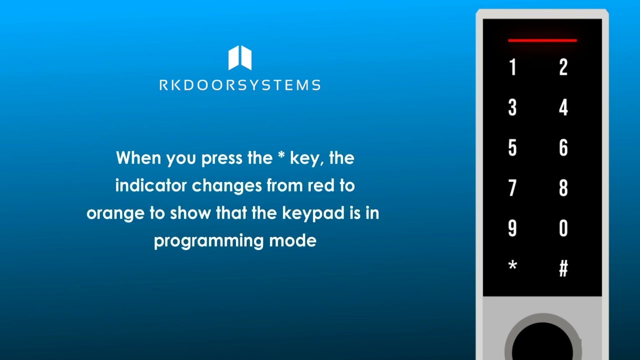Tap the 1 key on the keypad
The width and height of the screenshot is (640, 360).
pyautogui.click(x=512, y=67)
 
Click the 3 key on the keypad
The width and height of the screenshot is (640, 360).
pyautogui.click(x=512, y=107)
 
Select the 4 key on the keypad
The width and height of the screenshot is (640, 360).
pyautogui.click(x=563, y=107)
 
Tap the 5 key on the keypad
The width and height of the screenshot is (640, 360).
pyautogui.click(x=512, y=148)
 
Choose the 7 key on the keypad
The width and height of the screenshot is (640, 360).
pyautogui.click(x=512, y=188)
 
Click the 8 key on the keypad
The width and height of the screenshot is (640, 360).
pyautogui.click(x=563, y=188)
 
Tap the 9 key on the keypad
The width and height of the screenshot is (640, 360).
pyautogui.click(x=512, y=228)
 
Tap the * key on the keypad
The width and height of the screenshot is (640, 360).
pyautogui.click(x=512, y=266)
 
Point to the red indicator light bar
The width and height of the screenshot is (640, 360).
pyautogui.click(x=542, y=40)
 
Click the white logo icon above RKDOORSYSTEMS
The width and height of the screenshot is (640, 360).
pyautogui.click(x=240, y=58)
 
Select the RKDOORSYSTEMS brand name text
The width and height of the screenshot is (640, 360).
pyautogui.click(x=240, y=85)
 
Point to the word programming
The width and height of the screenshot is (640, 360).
pyautogui.click(x=209, y=241)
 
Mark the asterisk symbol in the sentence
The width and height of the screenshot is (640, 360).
pyautogui.click(x=281, y=156)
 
